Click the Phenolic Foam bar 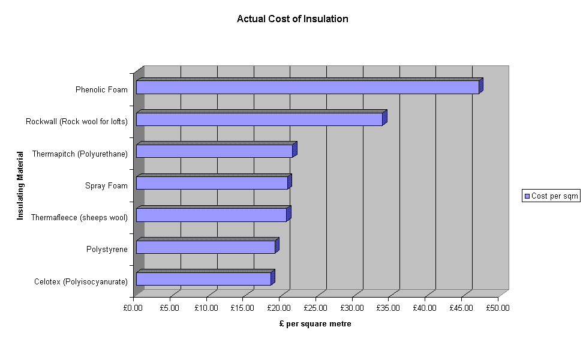(307, 87)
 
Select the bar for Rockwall (259, 119)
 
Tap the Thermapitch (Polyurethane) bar (214, 151)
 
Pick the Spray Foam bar (212, 182)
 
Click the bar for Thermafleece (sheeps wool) (211, 215)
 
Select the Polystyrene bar (205, 247)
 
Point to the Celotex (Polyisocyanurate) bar (203, 278)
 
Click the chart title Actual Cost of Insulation (292, 19)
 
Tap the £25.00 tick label (315, 308)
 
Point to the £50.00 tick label (498, 308)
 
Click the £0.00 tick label (133, 308)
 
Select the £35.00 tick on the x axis (389, 308)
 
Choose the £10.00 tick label (206, 308)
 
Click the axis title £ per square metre (315, 324)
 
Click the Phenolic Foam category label (101, 90)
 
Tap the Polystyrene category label (107, 249)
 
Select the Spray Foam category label (106, 185)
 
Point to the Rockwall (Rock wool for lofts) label (77, 122)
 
